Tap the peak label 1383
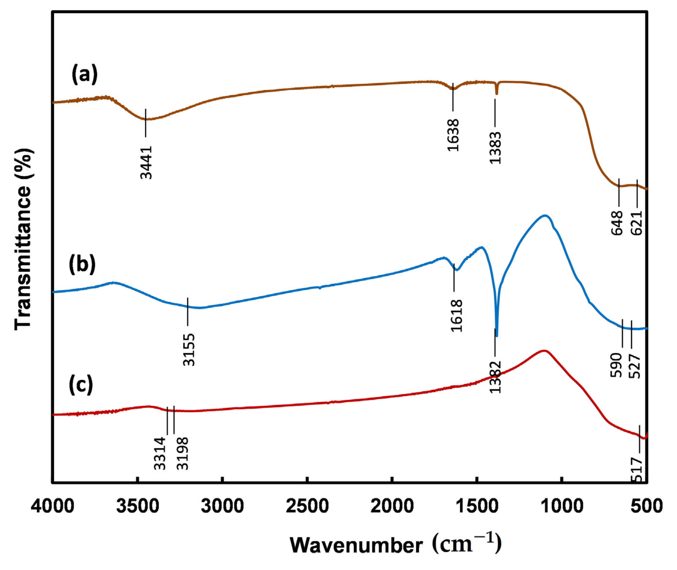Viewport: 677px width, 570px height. [x=495, y=148]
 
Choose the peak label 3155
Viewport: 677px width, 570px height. [x=189, y=350]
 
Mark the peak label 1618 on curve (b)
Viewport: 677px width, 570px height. [x=457, y=316]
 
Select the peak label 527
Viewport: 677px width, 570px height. [x=634, y=366]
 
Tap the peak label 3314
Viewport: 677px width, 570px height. [x=160, y=453]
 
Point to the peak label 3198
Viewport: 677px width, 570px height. [x=183, y=453]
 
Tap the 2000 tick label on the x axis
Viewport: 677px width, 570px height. [x=391, y=506]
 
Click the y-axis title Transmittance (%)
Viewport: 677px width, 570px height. [x=23, y=239]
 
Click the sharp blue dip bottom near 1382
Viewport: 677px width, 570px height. [x=497, y=335]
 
